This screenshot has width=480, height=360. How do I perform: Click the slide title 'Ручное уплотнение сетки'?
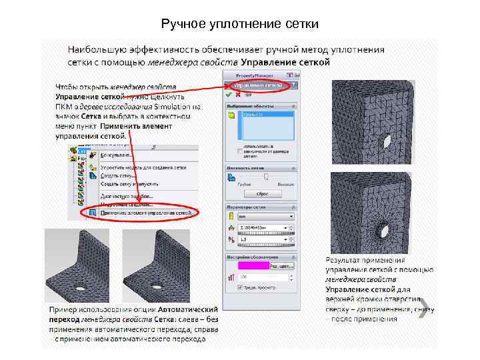(240, 25)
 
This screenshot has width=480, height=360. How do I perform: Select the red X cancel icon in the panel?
(238, 95)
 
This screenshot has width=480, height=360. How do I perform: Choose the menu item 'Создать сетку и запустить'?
(128, 183)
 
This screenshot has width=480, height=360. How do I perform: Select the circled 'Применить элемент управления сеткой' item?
(147, 213)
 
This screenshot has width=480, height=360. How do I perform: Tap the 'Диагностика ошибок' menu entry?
(126, 196)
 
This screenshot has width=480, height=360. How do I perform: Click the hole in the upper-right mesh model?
(387, 143)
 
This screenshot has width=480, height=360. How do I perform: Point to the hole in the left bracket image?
(79, 288)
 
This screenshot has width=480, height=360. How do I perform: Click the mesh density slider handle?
(266, 177)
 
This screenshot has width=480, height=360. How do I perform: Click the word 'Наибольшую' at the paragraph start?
(93, 50)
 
